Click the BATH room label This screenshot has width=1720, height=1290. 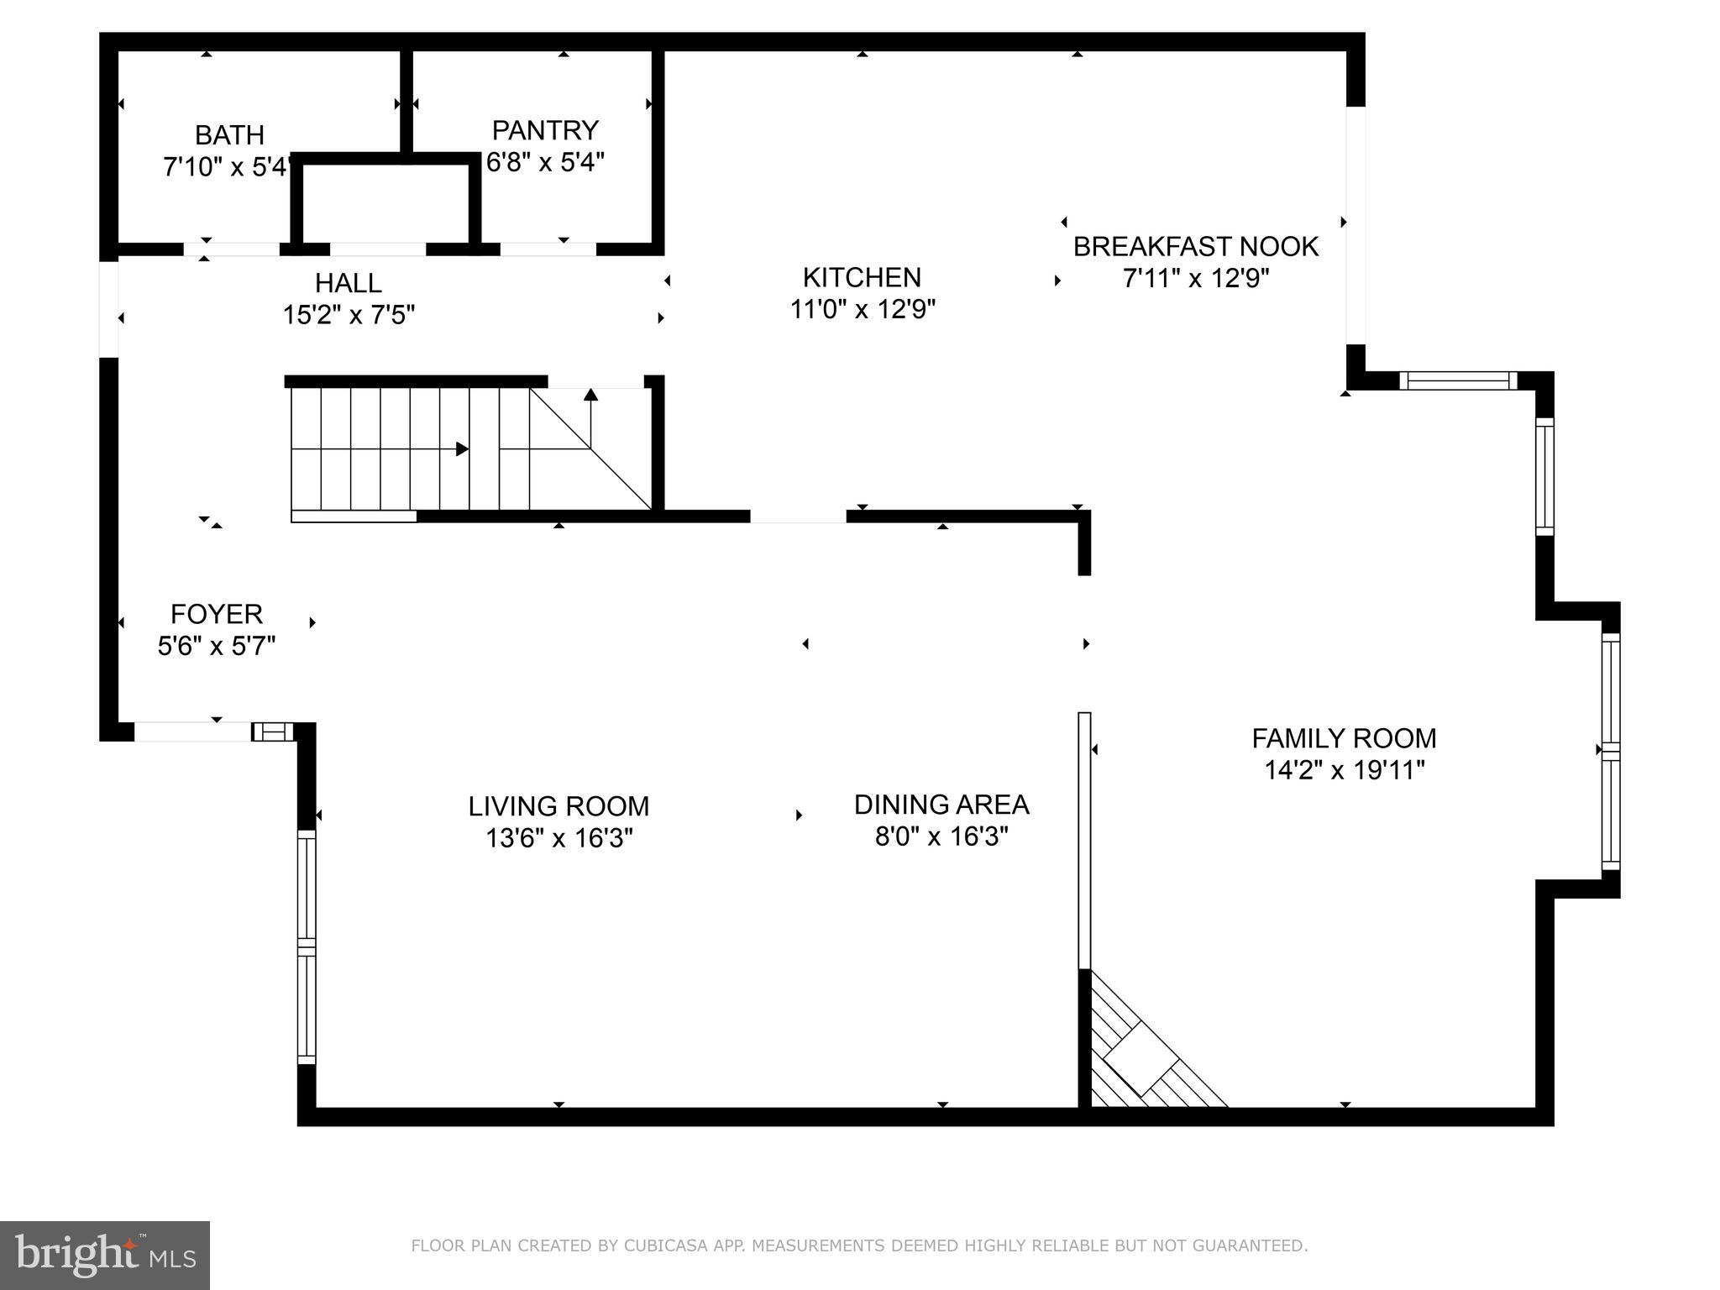click(229, 135)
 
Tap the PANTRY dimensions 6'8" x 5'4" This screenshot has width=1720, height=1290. click(546, 162)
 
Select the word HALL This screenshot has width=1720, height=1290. click(348, 283)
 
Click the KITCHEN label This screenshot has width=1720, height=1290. click(862, 277)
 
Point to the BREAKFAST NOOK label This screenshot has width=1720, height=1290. click(1196, 247)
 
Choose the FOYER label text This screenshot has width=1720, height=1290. click(217, 615)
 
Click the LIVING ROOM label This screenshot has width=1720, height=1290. click(558, 806)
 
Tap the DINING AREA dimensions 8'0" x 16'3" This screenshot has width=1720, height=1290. click(941, 836)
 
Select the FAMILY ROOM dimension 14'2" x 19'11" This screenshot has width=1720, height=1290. click(1345, 770)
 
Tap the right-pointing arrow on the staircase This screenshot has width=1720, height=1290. click(462, 449)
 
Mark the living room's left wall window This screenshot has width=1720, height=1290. click(307, 947)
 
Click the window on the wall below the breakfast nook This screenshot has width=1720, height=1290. click(1459, 381)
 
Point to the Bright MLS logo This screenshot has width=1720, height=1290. click(105, 1255)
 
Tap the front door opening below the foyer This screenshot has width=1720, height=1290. click(192, 732)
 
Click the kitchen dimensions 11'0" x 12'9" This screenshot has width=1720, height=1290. click(862, 310)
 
